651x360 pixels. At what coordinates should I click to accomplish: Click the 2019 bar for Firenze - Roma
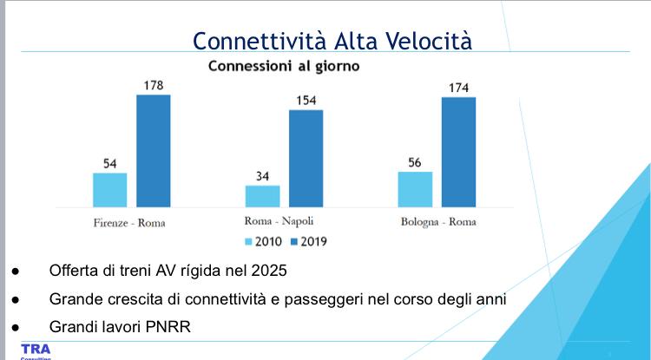coord(153,150)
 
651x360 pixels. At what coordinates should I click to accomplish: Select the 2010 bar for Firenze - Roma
coord(110,189)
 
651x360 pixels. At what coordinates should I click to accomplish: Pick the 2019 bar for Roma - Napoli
coord(306,158)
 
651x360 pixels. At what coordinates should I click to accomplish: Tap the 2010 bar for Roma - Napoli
coord(263,196)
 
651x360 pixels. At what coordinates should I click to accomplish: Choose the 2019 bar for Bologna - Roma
coord(458,152)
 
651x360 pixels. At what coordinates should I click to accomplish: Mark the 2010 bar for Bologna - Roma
coord(415,189)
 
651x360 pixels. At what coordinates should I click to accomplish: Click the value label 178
coord(153,85)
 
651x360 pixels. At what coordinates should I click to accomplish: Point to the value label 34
coord(262,176)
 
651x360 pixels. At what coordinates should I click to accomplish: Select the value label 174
coord(458,88)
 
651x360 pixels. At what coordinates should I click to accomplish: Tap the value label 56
coord(415,162)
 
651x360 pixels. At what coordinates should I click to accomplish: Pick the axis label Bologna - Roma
coord(438,222)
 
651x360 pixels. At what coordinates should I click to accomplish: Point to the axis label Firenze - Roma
coord(129,222)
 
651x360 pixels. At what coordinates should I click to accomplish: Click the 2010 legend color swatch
coord(248,241)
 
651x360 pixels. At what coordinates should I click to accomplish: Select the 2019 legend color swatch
coord(293,241)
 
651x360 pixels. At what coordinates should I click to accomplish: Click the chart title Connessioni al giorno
coord(284,65)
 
